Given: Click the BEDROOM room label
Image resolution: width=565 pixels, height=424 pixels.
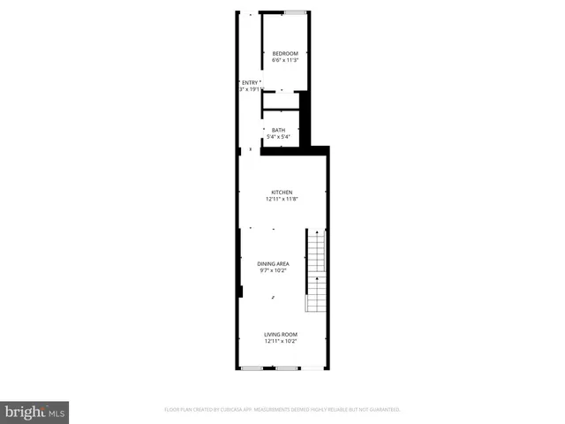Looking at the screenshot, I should pyautogui.click(x=285, y=53).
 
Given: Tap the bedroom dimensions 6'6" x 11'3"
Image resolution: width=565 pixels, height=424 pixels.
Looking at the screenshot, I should pyautogui.click(x=285, y=60).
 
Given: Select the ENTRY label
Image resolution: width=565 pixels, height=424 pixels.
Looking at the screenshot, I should pyautogui.click(x=250, y=82).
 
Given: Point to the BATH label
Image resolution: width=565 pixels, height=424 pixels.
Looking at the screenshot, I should pyautogui.click(x=278, y=130).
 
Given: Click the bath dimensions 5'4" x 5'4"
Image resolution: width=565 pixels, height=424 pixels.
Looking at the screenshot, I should pyautogui.click(x=278, y=137).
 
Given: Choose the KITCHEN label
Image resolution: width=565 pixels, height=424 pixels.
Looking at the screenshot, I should pyautogui.click(x=282, y=192).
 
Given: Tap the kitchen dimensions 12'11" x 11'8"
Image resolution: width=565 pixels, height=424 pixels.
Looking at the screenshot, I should pyautogui.click(x=282, y=199).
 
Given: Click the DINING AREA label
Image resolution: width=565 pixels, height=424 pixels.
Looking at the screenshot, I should pyautogui.click(x=273, y=263).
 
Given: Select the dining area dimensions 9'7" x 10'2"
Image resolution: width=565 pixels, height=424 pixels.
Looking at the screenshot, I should pyautogui.click(x=273, y=270).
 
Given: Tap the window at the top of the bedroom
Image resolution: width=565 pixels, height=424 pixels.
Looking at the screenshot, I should pyautogui.click(x=296, y=12).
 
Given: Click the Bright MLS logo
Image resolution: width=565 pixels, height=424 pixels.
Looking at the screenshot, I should pyautogui.click(x=34, y=412).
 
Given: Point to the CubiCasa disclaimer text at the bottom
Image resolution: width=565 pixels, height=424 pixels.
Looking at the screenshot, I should pyautogui.click(x=282, y=410).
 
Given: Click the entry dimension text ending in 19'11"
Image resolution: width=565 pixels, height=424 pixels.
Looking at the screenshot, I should pyautogui.click(x=252, y=89).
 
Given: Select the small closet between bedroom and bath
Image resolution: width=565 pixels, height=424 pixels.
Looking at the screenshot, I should pyautogui.click(x=281, y=100).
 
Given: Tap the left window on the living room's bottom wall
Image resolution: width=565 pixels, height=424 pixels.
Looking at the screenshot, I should pyautogui.click(x=252, y=367).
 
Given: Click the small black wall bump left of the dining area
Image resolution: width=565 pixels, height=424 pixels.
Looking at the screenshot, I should pyautogui.click(x=239, y=292).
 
